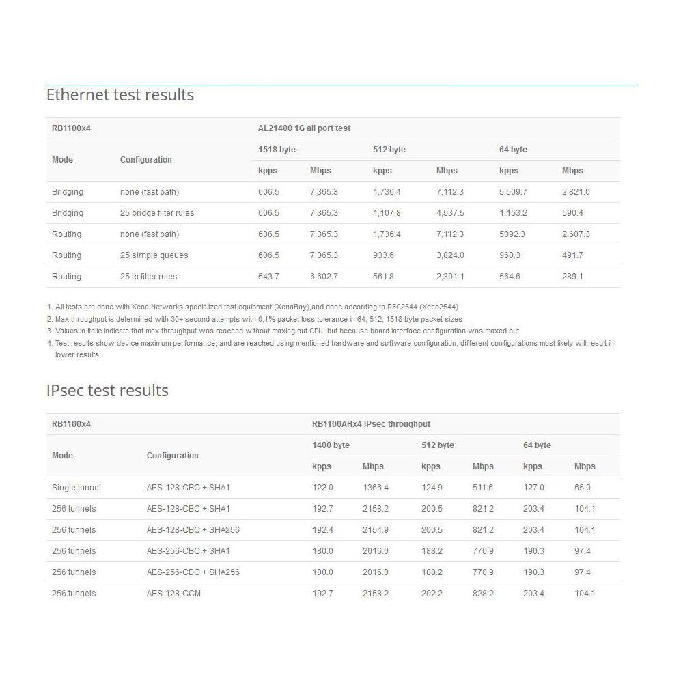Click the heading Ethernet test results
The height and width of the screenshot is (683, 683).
tap(120, 95)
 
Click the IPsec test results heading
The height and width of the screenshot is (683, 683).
tap(107, 391)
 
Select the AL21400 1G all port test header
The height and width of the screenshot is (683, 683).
tap(304, 128)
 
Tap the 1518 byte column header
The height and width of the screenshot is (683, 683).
tap(277, 150)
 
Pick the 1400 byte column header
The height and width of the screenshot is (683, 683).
tap(331, 445)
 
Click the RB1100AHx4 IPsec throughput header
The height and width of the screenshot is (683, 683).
tap(371, 424)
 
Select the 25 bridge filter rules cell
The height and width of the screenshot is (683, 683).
tap(157, 213)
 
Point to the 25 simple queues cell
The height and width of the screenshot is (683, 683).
tap(154, 255)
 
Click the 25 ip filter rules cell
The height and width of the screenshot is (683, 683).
tap(148, 277)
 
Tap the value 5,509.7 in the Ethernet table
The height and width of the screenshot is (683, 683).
tap(513, 192)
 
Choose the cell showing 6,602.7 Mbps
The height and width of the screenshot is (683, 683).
tap(324, 277)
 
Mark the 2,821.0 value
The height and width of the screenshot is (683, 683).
tap(576, 192)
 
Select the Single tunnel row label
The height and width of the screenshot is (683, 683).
tap(76, 488)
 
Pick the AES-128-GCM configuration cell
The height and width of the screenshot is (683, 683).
tap(173, 594)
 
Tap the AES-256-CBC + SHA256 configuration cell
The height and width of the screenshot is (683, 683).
tap(193, 572)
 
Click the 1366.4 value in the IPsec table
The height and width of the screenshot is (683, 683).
tap(376, 488)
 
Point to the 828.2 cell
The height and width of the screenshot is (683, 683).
tap(483, 594)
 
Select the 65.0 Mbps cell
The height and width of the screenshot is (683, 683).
tap(583, 488)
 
